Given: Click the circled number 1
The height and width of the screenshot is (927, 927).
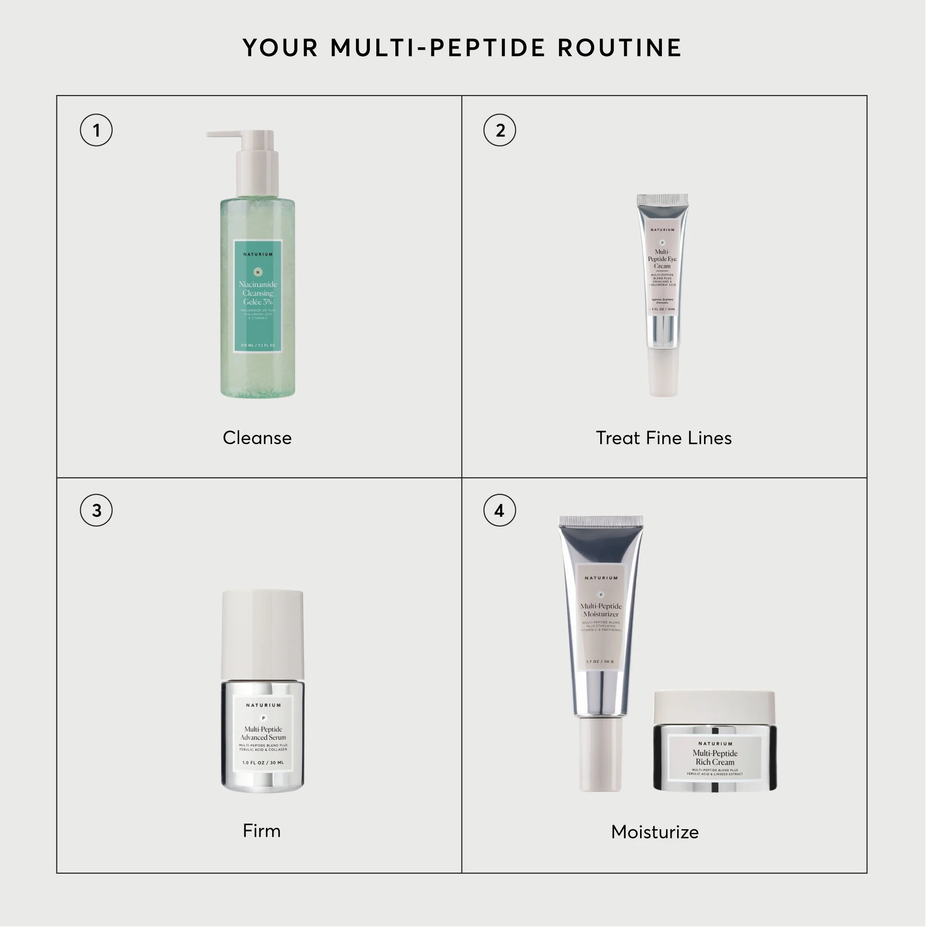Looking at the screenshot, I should coord(96,130).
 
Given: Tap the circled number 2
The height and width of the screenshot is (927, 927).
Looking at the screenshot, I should coord(500,130).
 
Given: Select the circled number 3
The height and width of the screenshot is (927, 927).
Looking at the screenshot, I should coord(96,510).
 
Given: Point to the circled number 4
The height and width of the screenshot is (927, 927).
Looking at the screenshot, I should coord(500,510).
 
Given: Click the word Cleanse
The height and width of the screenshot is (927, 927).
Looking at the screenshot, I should coord(257,438).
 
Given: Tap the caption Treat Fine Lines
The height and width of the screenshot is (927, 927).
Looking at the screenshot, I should coord(664,438).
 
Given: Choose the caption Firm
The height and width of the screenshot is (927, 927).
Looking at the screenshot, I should coord(261,831).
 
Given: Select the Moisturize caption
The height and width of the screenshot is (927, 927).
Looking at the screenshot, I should coord(655,832).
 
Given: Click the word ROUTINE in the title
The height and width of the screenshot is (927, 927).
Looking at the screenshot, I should coord(619,48).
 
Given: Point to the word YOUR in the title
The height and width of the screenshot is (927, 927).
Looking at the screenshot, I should coord(281,48).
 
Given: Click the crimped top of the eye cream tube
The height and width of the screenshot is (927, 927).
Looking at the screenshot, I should coord(663,200).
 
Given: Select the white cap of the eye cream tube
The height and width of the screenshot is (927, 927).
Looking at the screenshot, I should coord(664,372).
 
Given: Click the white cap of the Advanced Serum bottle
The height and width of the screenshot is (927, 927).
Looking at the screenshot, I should coord(262,633).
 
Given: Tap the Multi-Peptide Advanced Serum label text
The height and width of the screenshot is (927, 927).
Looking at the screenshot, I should coord(263,733).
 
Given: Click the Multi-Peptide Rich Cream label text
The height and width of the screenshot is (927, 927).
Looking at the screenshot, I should coord(715,758).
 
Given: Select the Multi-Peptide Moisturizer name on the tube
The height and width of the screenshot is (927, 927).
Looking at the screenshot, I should coord(601,610).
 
